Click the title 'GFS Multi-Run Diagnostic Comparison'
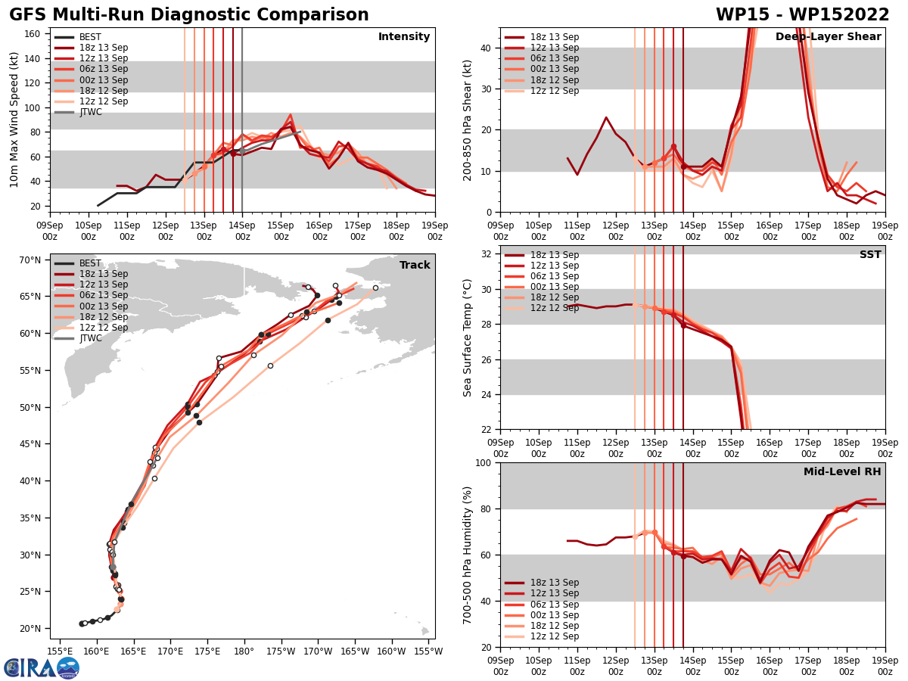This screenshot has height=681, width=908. point(189,15)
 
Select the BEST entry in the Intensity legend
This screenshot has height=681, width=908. point(90,37)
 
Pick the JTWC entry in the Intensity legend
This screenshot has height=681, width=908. point(90,112)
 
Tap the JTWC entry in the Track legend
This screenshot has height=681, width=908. point(90,338)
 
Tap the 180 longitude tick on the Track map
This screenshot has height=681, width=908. point(244,651)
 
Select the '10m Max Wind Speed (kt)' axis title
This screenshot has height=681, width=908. point(14,120)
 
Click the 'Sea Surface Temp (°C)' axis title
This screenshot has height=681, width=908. point(468,337)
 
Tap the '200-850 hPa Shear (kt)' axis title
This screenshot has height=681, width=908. point(468,120)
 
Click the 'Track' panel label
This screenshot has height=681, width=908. point(415,266)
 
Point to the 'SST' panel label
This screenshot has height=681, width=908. point(869,255)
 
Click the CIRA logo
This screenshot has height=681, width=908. point(41,667)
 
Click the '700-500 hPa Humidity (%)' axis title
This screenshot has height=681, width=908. point(468,555)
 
